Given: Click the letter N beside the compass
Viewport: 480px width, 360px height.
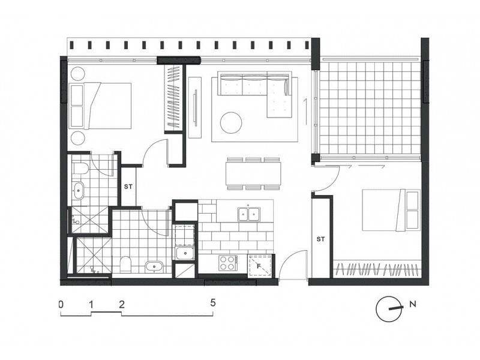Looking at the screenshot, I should click(x=412, y=305).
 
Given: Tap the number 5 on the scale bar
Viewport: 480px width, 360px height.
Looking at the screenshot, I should click(x=213, y=304).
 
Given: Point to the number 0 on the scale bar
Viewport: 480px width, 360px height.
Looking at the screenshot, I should click(x=61, y=304).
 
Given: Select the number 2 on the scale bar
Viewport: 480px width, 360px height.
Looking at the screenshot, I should click(x=122, y=304).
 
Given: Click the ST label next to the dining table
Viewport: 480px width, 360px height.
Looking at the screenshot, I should click(x=129, y=186).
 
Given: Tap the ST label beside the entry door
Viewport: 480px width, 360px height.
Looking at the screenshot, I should click(x=320, y=239).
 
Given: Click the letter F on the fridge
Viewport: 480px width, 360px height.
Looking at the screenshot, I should click(x=259, y=264).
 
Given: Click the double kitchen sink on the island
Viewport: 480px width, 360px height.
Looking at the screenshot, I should click(x=248, y=213).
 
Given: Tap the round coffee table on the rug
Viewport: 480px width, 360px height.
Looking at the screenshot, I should click(x=232, y=123).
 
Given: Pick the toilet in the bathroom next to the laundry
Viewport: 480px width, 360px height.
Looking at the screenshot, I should click(x=125, y=264).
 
